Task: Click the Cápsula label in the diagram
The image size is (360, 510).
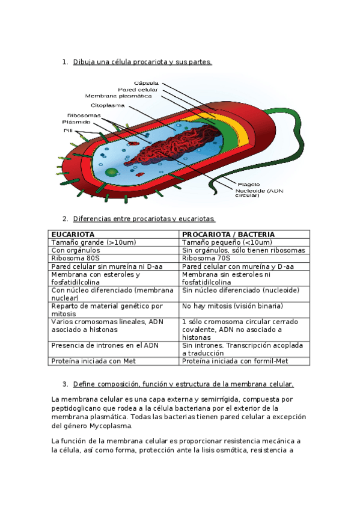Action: point(147,82)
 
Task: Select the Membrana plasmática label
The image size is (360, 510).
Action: point(118,96)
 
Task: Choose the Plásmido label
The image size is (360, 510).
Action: point(76,121)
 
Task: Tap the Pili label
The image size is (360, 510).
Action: point(68,129)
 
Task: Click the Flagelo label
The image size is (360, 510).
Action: point(248,184)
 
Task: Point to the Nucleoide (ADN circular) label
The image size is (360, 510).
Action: point(258,192)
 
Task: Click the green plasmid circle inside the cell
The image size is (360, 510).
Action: point(112,173)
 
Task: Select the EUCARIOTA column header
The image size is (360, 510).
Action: point(73,234)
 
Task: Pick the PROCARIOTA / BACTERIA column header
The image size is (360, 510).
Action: point(228,234)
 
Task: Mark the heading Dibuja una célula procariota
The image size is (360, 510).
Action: point(142,62)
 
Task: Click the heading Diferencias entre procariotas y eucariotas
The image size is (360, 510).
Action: point(144,218)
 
